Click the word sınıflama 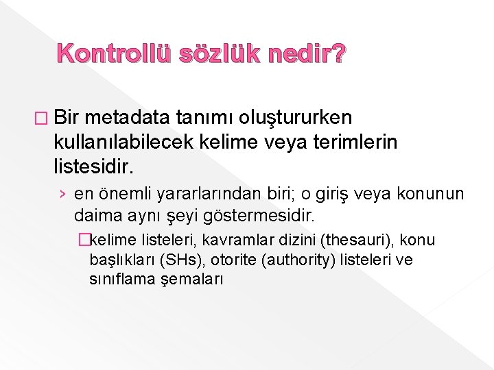coord(120,280)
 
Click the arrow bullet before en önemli coord(63,195)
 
